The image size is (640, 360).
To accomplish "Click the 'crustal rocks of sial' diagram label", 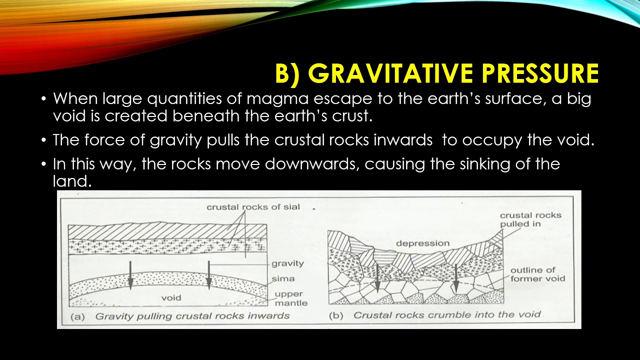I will click(x=253, y=206).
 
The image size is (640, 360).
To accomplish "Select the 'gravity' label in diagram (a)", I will click(x=287, y=263).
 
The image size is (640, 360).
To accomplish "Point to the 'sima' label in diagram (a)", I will click(x=283, y=278).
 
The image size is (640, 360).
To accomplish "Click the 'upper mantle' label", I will click(x=291, y=298).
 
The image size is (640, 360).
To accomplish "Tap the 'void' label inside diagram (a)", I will click(x=171, y=298).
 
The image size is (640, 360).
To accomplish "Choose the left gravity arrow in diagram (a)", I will click(x=130, y=275).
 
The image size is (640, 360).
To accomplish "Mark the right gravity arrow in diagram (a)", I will click(x=209, y=275).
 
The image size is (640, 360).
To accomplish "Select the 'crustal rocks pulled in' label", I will click(x=530, y=219).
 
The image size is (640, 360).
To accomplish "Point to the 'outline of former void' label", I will click(x=537, y=274).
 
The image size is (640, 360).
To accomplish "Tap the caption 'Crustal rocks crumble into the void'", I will click(x=447, y=315).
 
